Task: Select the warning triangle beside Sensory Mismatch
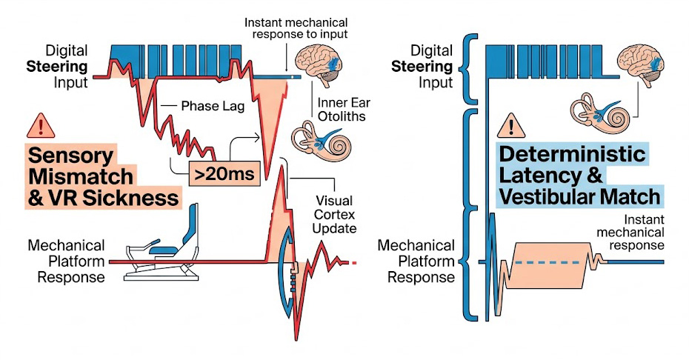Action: [36, 125]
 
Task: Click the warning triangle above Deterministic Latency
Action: [511, 125]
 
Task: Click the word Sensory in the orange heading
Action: [70, 156]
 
